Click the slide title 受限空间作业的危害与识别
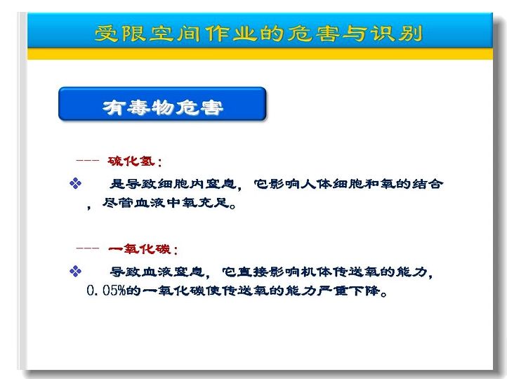coord(258,34)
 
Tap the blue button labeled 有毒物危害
coord(162,104)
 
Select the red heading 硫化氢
coord(131,161)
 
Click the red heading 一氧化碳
coord(139,248)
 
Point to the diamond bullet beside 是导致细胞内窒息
coord(75,183)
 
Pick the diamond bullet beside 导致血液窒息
coord(75,271)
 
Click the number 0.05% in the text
coord(106,291)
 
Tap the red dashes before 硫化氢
coord(87,160)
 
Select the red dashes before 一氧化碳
coord(87,248)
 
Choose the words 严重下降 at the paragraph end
coord(348,291)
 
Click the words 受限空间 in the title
coord(134,34)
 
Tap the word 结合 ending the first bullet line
coord(428,184)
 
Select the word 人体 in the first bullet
coord(317,184)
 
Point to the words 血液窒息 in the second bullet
coord(173,272)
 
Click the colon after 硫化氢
coord(159,162)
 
